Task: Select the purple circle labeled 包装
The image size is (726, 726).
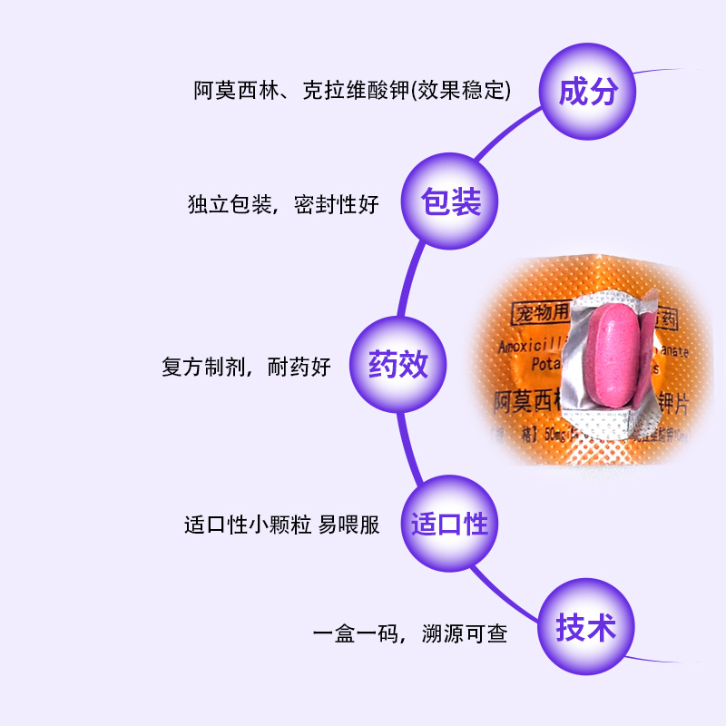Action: coord(451,202)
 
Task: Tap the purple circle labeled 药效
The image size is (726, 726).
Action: coord(397,366)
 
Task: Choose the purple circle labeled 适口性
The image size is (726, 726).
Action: coord(449,525)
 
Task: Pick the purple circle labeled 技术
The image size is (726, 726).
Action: coord(586,628)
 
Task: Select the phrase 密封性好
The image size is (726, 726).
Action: coord(337,205)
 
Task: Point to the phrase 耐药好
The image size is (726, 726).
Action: coord(299,368)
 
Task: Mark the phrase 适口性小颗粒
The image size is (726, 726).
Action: coord(248,525)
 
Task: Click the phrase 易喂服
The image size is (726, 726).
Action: coord(348,525)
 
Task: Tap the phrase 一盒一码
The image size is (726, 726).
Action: coord(355,633)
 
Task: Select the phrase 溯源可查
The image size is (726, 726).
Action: coord(464,633)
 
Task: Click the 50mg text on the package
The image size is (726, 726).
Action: coord(555,439)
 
